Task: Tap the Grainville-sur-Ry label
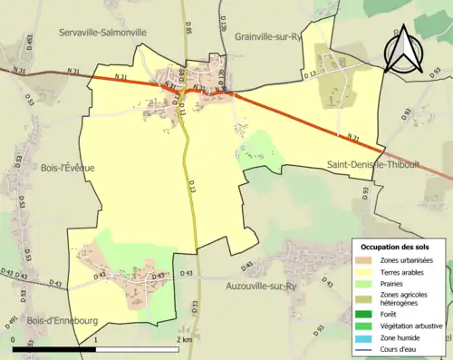pos(267,37)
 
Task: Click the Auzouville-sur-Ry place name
pos(260,286)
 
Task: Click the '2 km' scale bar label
pos(184,338)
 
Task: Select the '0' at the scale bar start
pos(13,338)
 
